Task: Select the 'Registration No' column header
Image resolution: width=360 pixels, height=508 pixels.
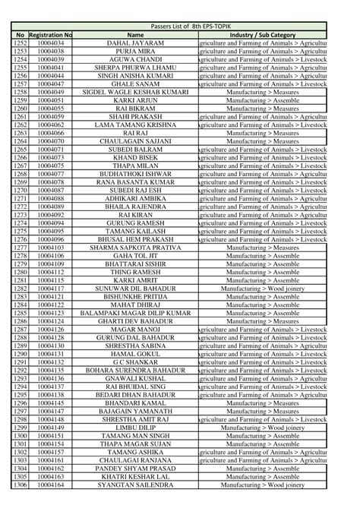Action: pyautogui.click(x=50, y=35)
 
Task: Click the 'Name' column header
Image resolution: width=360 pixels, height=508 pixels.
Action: pyautogui.click(x=135, y=35)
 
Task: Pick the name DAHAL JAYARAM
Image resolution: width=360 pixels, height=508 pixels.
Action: pyautogui.click(x=135, y=43)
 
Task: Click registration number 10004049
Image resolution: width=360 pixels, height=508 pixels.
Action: pyautogui.click(x=50, y=92)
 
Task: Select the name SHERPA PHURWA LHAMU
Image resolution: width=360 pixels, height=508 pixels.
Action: pyautogui.click(x=135, y=68)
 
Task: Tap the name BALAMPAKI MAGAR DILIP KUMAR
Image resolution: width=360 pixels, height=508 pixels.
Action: pyautogui.click(x=135, y=313)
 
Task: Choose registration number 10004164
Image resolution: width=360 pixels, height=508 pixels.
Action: pyautogui.click(x=50, y=484)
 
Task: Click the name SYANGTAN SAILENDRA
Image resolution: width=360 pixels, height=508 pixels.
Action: pyautogui.click(x=135, y=484)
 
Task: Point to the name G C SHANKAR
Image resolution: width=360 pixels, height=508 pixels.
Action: pyautogui.click(x=135, y=362)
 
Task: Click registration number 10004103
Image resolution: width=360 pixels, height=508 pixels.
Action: pyautogui.click(x=50, y=248)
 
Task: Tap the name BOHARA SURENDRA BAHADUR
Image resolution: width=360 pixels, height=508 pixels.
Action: pyautogui.click(x=135, y=371)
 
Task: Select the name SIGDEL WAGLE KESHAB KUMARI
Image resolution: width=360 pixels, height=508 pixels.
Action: pyautogui.click(x=135, y=92)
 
